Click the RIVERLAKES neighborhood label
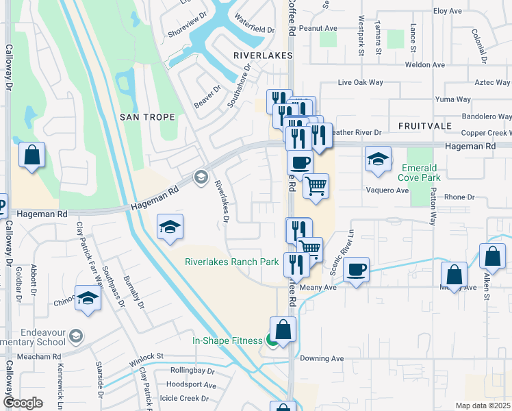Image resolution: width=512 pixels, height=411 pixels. (263, 55)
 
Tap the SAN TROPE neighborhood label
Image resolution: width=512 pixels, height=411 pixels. (147, 117)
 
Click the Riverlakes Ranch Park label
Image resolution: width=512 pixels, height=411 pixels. (232, 262)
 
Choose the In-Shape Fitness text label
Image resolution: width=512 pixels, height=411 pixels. (227, 340)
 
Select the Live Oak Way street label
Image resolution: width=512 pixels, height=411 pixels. (360, 82)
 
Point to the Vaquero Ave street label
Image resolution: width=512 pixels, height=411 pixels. (387, 190)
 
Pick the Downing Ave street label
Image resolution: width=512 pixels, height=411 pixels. (322, 358)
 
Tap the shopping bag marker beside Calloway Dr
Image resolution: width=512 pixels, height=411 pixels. (31, 155)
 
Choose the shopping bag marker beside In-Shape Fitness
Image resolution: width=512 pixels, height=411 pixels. (283, 329)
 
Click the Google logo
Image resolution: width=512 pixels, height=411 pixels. (23, 403)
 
